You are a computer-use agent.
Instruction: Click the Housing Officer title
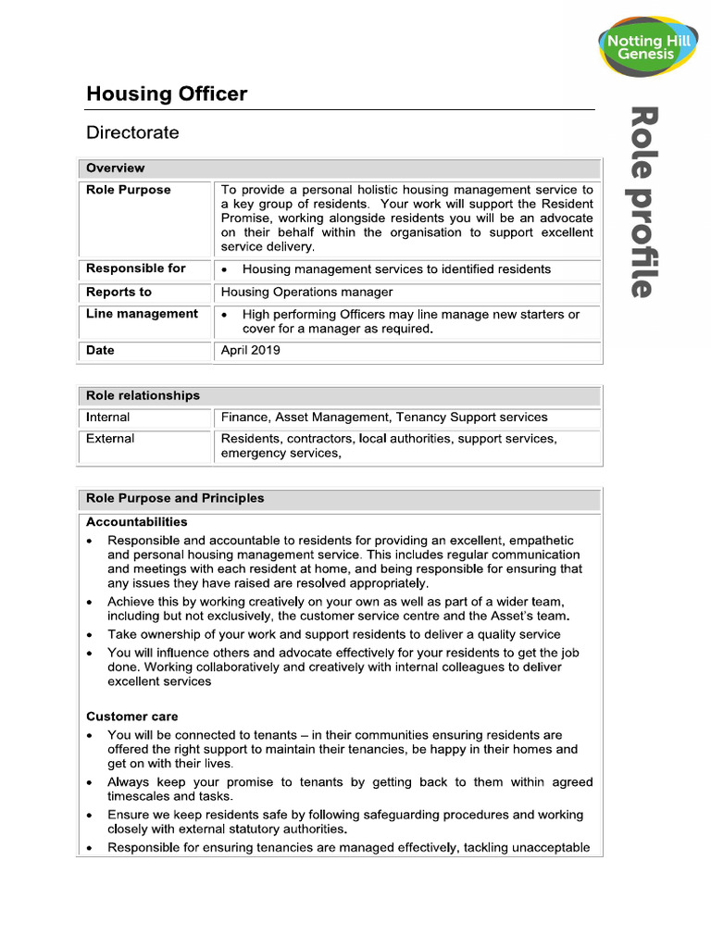tap(167, 94)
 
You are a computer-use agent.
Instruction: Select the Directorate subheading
tap(132, 132)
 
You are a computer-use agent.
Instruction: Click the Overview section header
tap(116, 168)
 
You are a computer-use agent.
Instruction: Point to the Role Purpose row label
tap(129, 190)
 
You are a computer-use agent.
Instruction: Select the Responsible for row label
tap(136, 268)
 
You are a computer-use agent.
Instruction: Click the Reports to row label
tap(118, 292)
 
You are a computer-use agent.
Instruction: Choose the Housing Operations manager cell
tap(306, 292)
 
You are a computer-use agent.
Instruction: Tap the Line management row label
tap(142, 314)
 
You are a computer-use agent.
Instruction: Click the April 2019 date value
tap(250, 351)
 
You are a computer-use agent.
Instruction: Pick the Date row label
tap(100, 351)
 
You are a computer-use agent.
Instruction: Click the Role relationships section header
tap(143, 395)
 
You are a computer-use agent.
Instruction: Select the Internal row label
tap(108, 418)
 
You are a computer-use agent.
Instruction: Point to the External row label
tap(110, 439)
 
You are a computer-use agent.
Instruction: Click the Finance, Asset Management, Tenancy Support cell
tap(384, 418)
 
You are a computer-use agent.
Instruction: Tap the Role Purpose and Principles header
tap(175, 498)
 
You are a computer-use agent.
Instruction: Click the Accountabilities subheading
tap(137, 522)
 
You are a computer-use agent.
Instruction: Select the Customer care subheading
tap(132, 717)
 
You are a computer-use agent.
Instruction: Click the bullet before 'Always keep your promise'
tap(89, 783)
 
